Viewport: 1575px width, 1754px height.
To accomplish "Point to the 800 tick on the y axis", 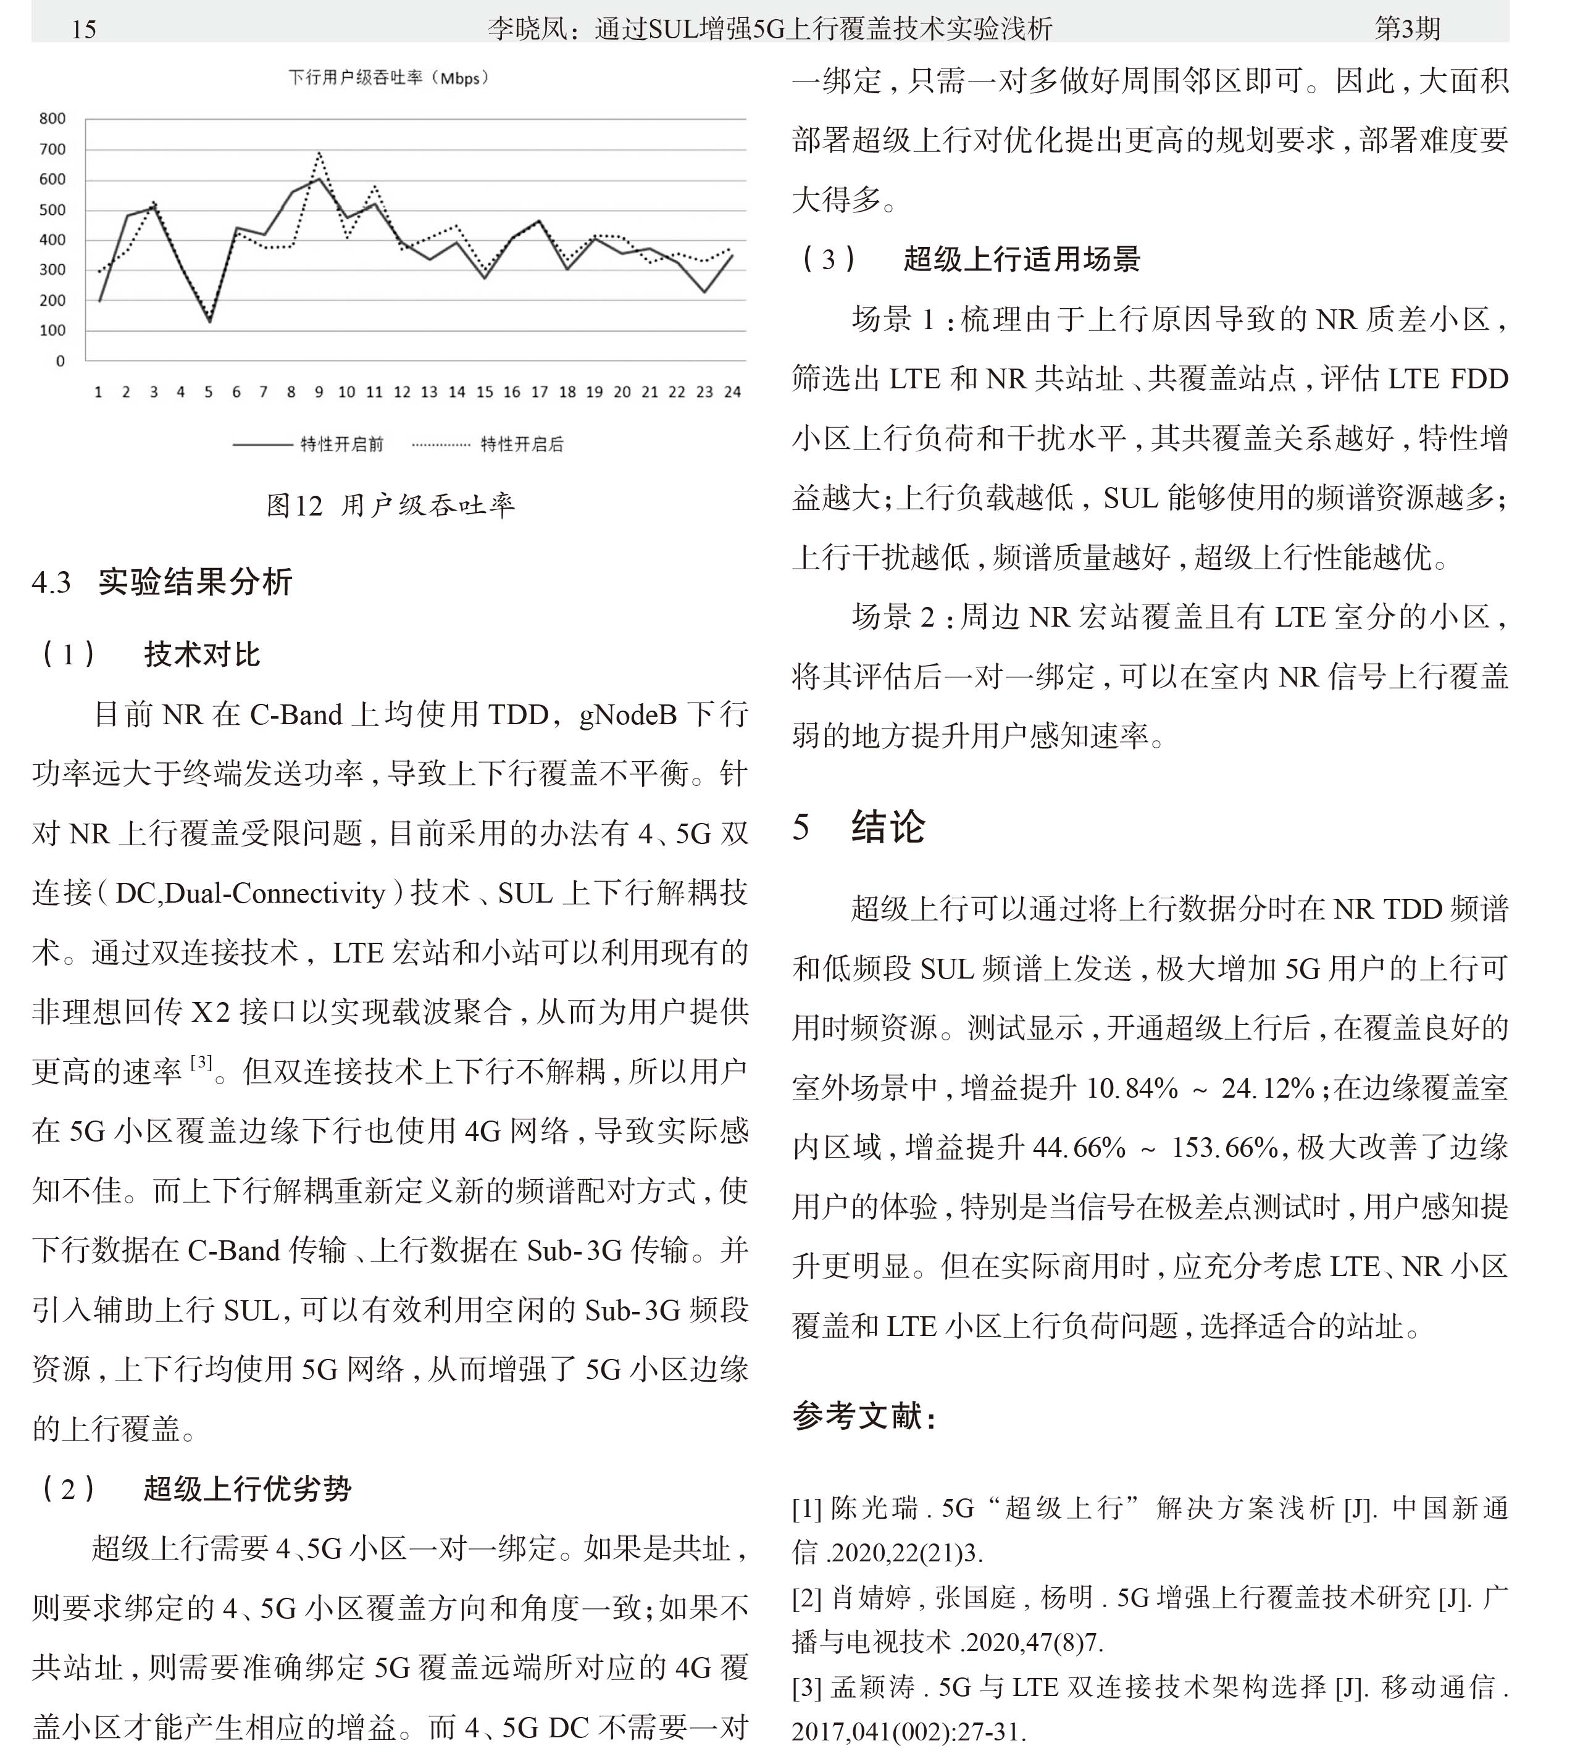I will pyautogui.click(x=52, y=119).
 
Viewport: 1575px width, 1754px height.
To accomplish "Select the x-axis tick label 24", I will pyautogui.click(x=732, y=392).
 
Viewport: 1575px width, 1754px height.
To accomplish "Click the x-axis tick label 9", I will pyautogui.click(x=319, y=392).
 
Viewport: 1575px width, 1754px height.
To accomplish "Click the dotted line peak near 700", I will pyautogui.click(x=319, y=154).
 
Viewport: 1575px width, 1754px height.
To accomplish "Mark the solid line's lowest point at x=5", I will pyautogui.click(x=209, y=322).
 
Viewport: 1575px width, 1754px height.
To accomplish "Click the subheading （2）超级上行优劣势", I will pyautogui.click(x=194, y=1489).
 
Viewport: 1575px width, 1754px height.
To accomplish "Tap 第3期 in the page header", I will pyautogui.click(x=1407, y=28).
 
